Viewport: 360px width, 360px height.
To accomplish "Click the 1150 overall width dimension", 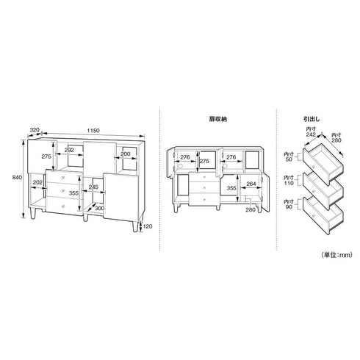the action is click(93, 131).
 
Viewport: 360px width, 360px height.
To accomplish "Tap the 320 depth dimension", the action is click(35, 130).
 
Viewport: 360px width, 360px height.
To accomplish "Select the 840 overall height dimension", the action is click(17, 177).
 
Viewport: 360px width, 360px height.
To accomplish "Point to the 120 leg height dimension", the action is click(148, 226).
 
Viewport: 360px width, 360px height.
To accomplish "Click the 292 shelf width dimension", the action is click(69, 150).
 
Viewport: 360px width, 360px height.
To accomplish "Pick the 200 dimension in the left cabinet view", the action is click(126, 154).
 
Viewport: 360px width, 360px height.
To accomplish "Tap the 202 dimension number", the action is click(37, 182).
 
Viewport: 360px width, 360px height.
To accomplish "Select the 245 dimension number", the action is click(93, 187).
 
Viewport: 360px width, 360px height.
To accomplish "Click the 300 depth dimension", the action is click(100, 208).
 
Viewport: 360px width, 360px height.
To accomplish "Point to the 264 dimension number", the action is click(251, 184).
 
